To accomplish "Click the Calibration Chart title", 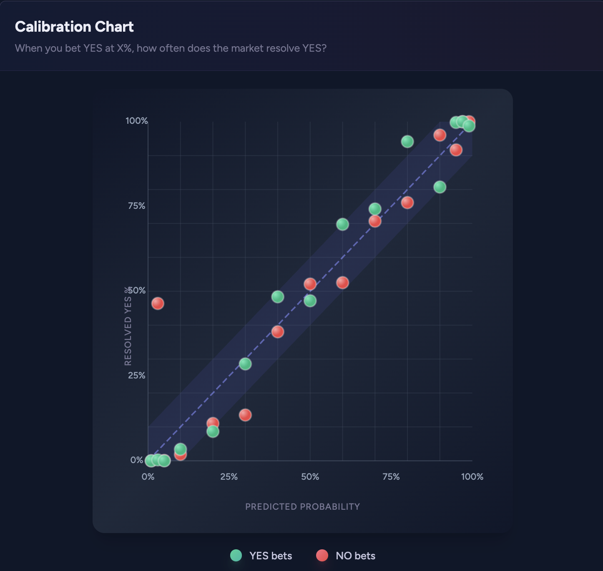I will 74,27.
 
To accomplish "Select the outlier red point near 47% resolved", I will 158,303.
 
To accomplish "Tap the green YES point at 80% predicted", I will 407,142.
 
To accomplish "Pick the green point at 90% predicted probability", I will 440,187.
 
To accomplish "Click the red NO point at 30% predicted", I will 245,415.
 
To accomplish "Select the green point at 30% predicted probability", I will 245,364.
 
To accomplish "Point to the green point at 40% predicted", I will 278,297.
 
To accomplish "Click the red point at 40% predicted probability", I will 278,332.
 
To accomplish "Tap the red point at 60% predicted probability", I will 342,283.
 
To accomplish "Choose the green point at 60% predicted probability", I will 342,224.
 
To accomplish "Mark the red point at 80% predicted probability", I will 407,203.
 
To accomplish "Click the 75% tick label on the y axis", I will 136,206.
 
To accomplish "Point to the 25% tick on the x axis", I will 229,477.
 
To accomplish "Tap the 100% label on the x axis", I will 472,477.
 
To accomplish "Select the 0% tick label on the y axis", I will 137,460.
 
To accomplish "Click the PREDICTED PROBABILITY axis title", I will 302,507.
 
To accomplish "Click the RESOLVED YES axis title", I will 128,326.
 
